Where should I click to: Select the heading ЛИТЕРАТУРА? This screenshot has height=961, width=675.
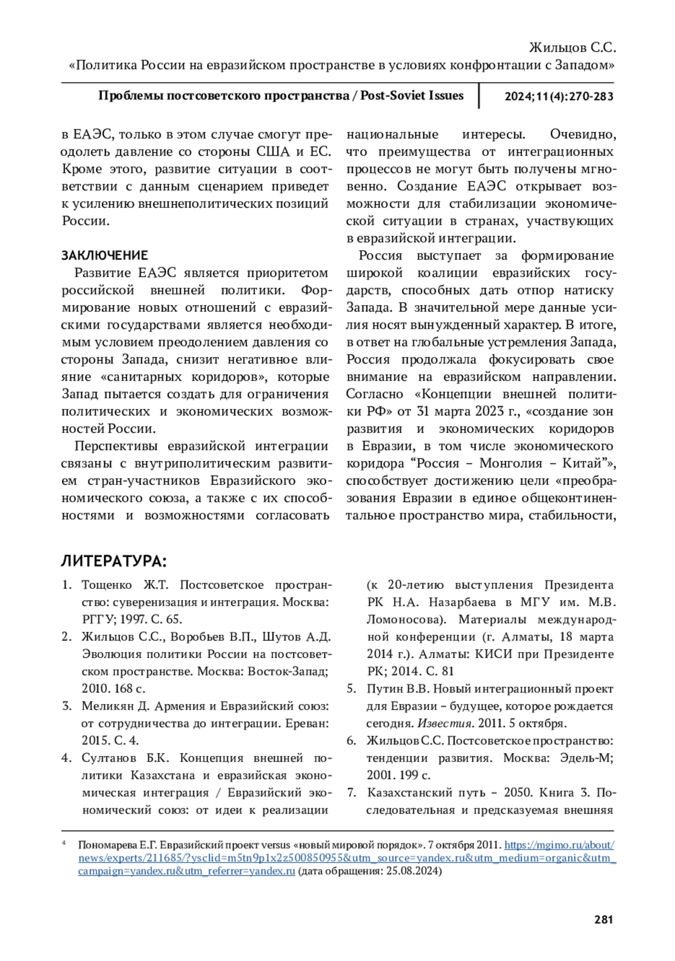click(114, 561)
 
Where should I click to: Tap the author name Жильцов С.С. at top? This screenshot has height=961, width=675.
click(573, 47)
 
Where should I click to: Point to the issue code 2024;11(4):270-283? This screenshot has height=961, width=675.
click(559, 96)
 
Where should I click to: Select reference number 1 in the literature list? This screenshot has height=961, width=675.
click(66, 585)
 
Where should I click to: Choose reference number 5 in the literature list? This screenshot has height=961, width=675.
click(351, 689)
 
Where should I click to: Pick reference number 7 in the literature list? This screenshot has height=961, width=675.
click(351, 793)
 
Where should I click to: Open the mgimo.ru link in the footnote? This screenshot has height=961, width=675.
click(559, 845)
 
